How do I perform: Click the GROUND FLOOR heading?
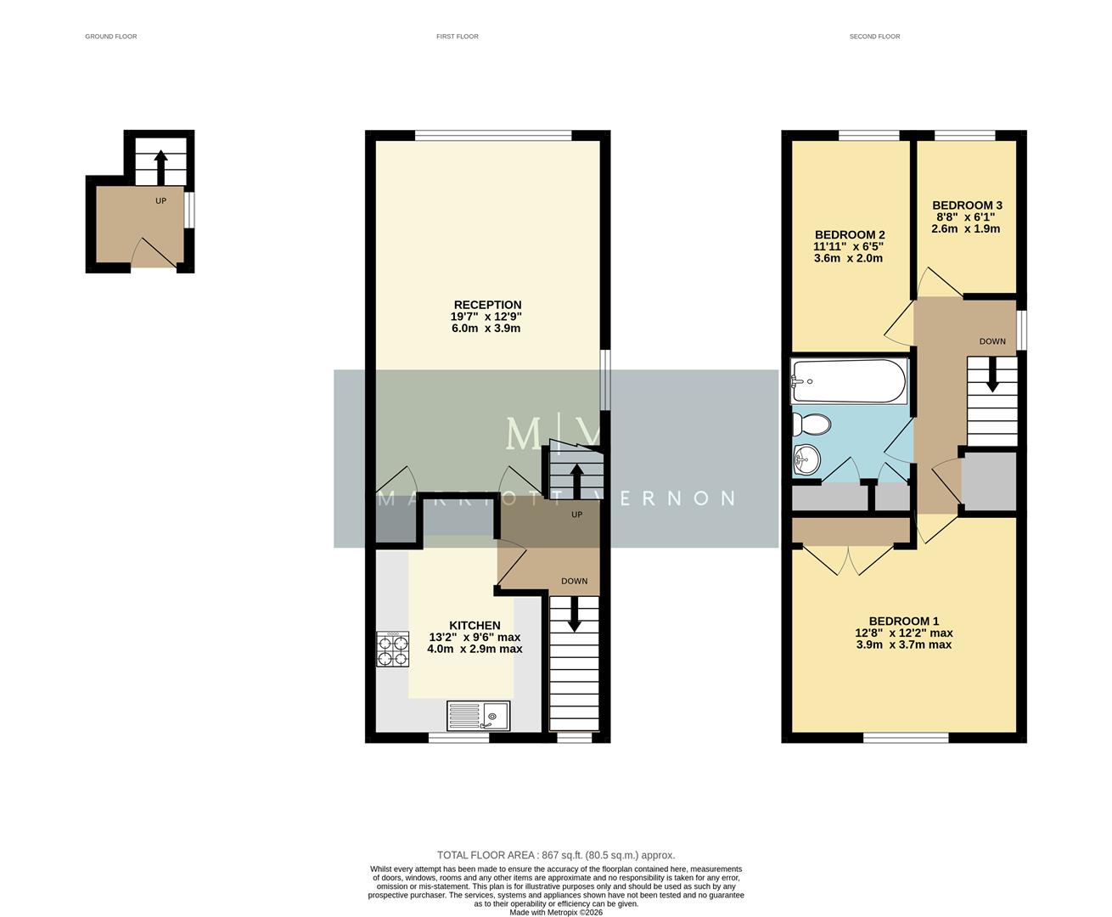pyautogui.click(x=110, y=37)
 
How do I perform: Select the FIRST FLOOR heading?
pyautogui.click(x=457, y=37)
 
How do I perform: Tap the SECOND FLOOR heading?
pyautogui.click(x=874, y=37)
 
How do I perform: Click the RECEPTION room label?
pyautogui.click(x=487, y=305)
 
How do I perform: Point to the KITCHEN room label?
pyautogui.click(x=475, y=625)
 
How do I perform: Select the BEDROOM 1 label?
pyautogui.click(x=903, y=621)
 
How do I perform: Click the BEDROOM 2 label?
pyautogui.click(x=850, y=235)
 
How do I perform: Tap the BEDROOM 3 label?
pyautogui.click(x=967, y=205)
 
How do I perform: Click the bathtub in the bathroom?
pyautogui.click(x=849, y=381)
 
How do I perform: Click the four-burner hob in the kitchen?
pyautogui.click(x=392, y=650)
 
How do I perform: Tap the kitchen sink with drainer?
pyautogui.click(x=479, y=715)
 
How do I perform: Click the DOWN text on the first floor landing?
pyautogui.click(x=574, y=582)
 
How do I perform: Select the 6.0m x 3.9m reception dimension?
pyautogui.click(x=486, y=328)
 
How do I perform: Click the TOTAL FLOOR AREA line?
pyautogui.click(x=555, y=855)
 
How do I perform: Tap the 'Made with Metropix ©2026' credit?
pyautogui.click(x=555, y=913)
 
